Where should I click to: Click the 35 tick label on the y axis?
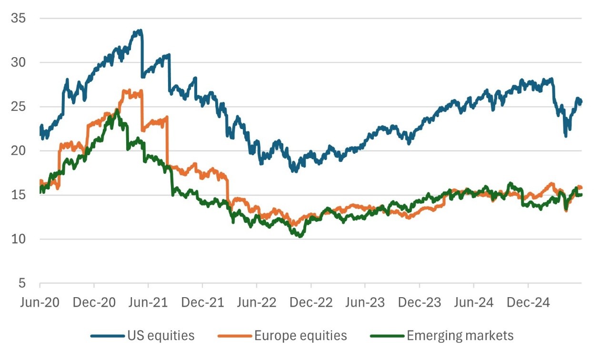point(20,19)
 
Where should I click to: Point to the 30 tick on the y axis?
point(20,62)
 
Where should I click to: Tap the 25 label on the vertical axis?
point(20,107)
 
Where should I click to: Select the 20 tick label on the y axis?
point(20,151)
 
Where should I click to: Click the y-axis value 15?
point(20,195)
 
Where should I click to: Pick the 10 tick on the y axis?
point(20,239)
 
